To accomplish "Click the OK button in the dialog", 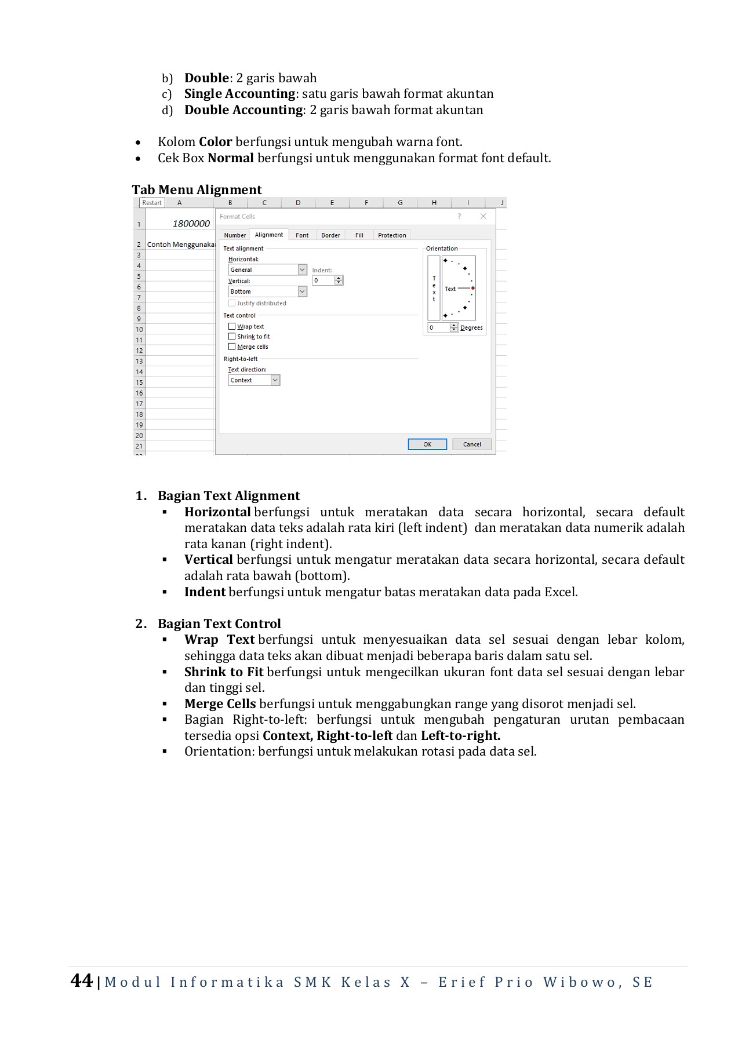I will click(x=427, y=444).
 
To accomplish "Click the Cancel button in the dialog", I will click(x=472, y=444).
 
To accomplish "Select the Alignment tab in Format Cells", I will click(x=269, y=235).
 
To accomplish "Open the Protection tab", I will click(x=392, y=235).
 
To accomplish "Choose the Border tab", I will click(x=330, y=235).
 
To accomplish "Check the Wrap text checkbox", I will click(x=232, y=326).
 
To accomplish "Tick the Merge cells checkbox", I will click(x=232, y=347).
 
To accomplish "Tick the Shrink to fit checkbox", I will click(x=232, y=337).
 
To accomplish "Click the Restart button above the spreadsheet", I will click(x=152, y=203).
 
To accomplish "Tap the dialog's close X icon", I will click(x=483, y=216).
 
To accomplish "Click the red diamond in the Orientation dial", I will click(x=473, y=288).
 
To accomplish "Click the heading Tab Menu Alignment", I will click(x=197, y=189).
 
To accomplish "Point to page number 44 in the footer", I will click(x=81, y=980).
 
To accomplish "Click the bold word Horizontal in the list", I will click(x=217, y=512).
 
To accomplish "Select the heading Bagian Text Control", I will click(x=219, y=623).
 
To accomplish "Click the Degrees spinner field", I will click(x=439, y=328).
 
